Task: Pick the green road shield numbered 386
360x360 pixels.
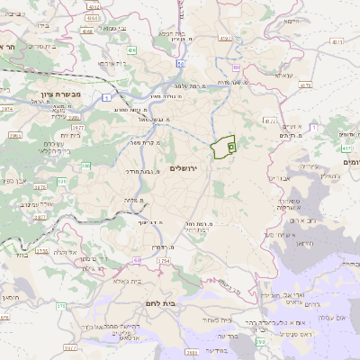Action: [x=86, y=166]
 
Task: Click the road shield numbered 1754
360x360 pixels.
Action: [x=162, y=261]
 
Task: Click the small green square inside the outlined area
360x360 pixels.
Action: [x=231, y=144]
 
